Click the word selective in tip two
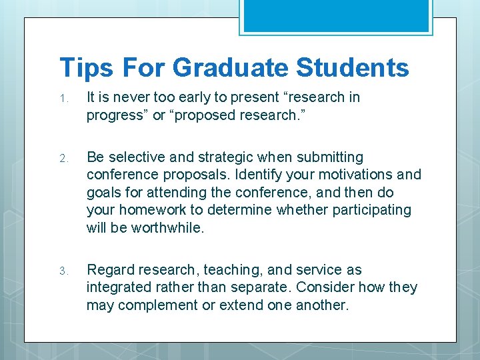[133, 157]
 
